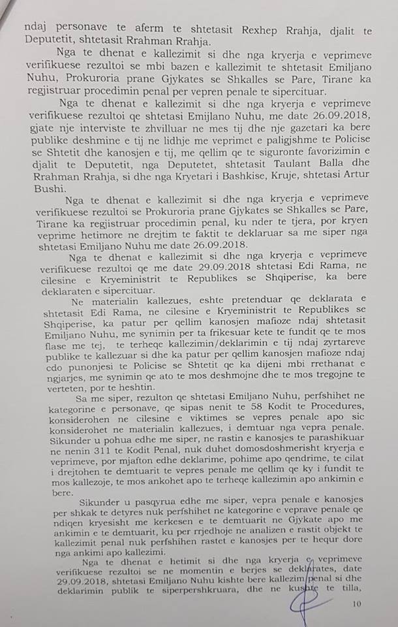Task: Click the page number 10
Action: tap(356, 604)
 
